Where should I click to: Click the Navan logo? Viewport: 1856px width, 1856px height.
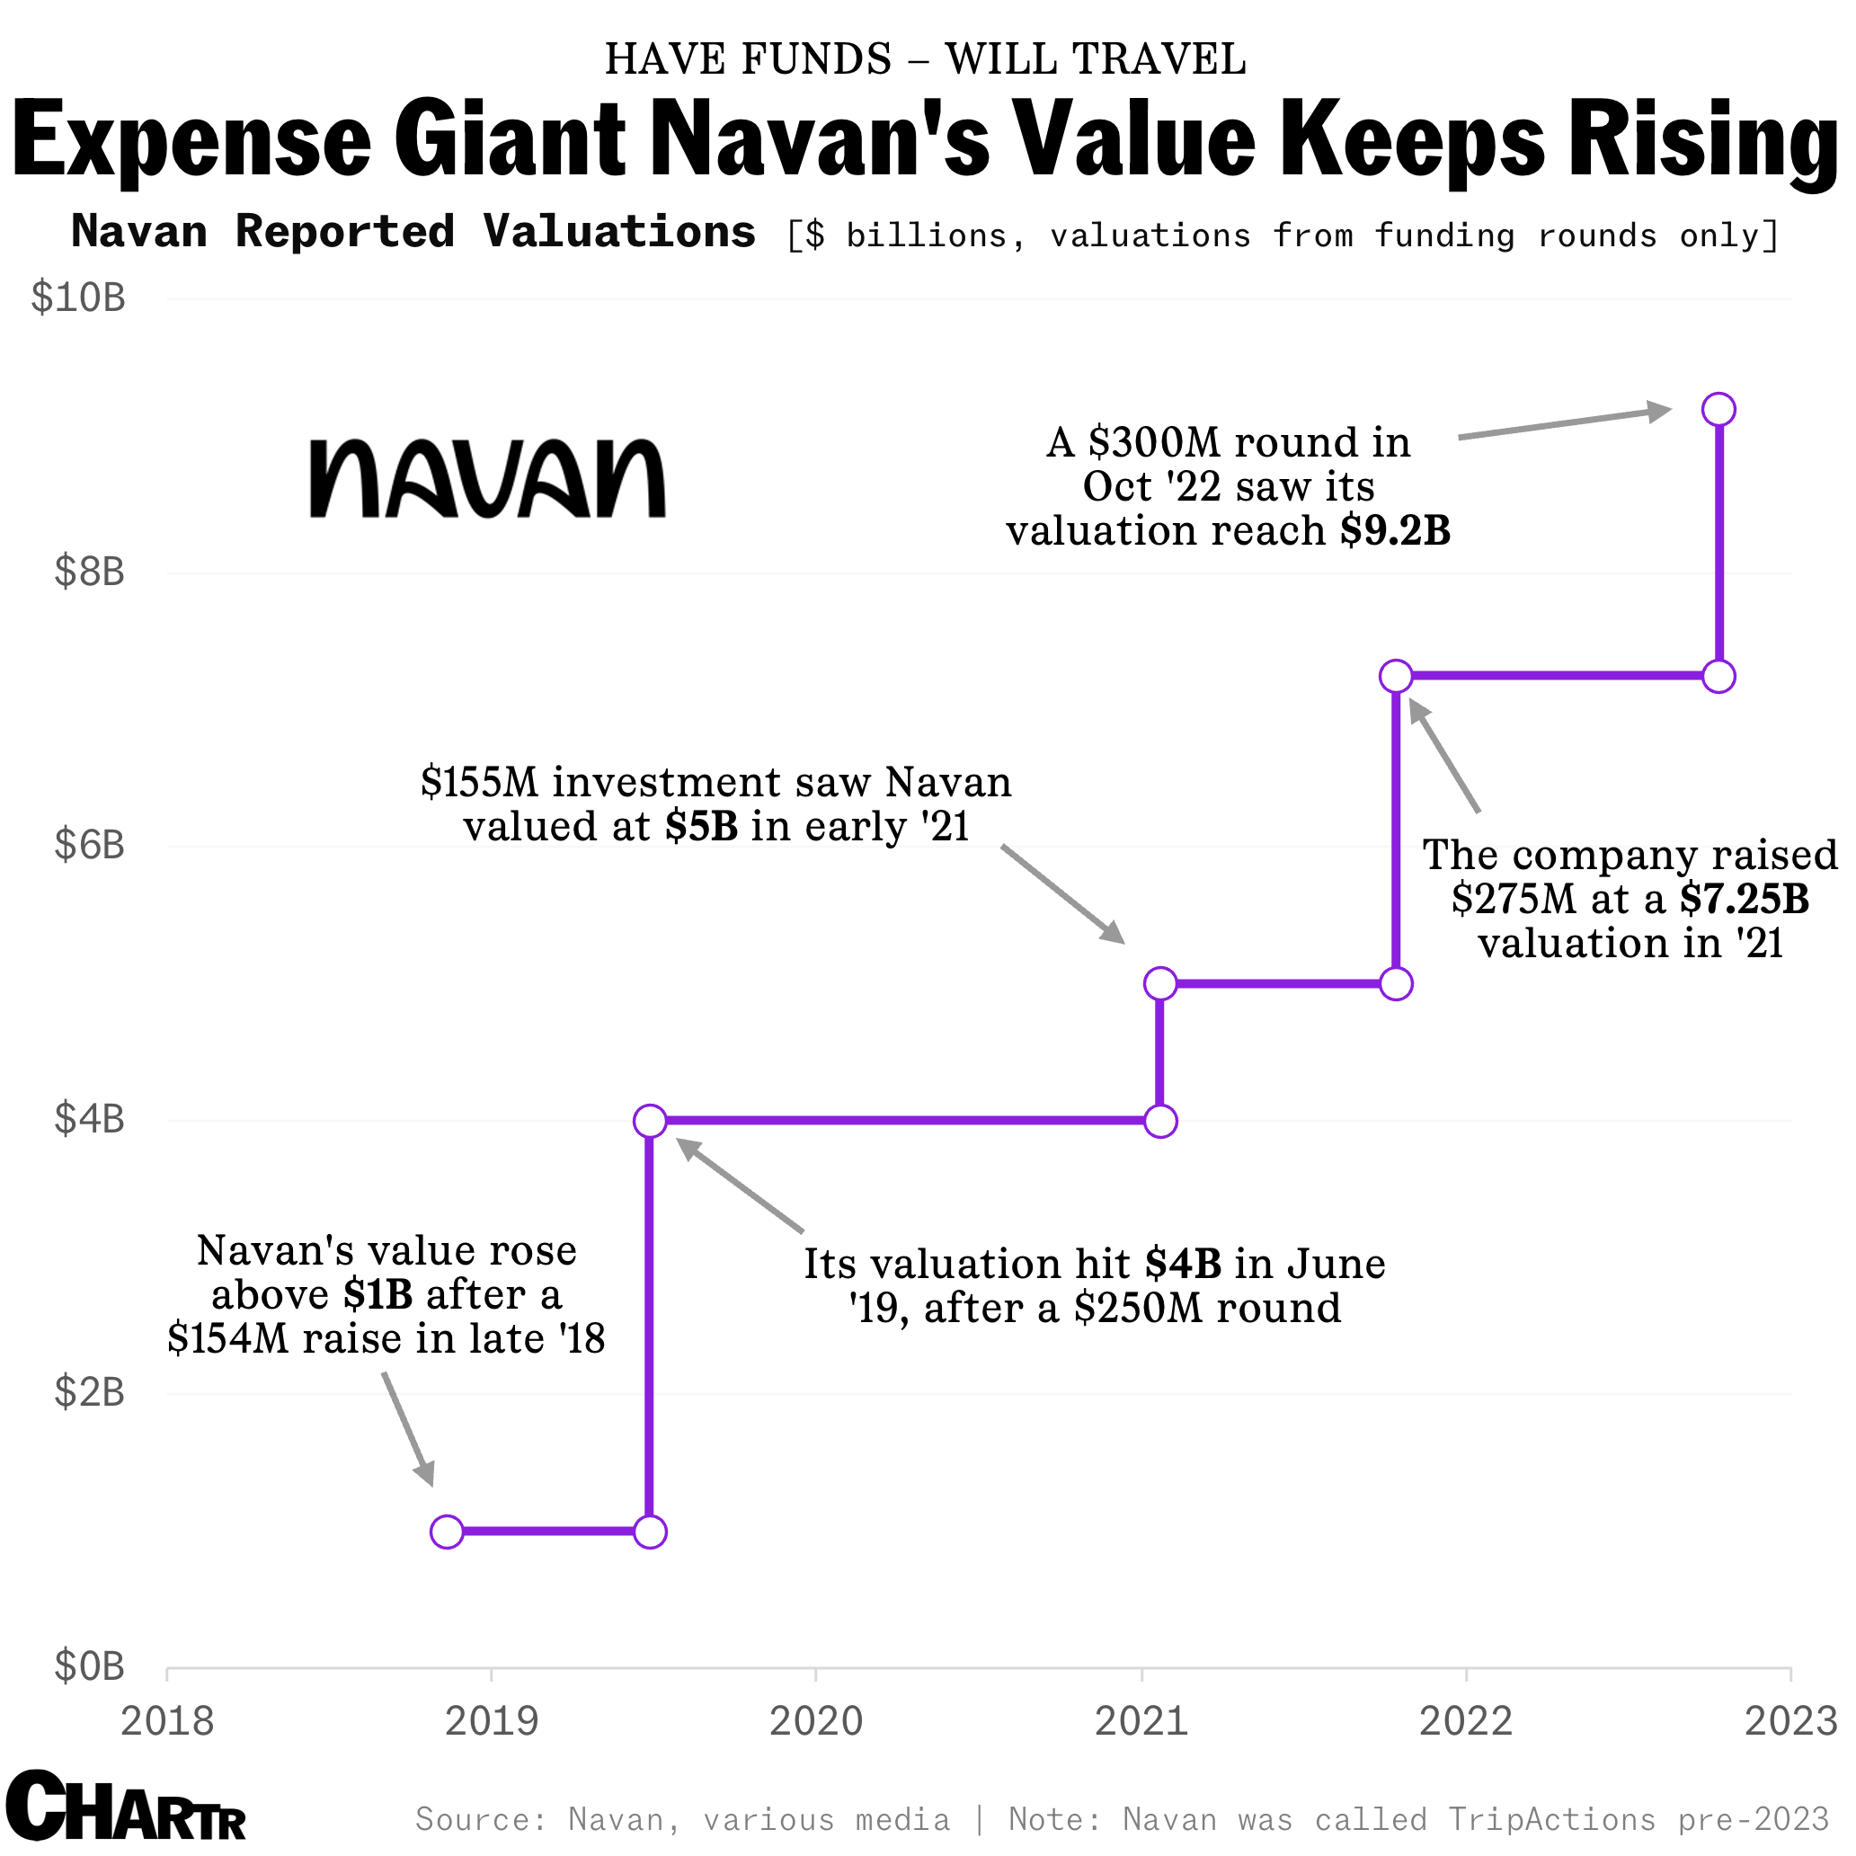[487, 478]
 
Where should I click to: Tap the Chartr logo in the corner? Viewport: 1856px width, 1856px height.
[126, 1807]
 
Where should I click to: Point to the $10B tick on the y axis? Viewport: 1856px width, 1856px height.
[79, 297]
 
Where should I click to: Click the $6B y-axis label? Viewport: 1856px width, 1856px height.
[89, 846]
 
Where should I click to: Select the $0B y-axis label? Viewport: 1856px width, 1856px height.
[89, 1665]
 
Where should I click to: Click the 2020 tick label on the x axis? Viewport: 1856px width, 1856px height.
[815, 1720]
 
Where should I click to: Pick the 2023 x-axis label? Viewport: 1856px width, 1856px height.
[1789, 1720]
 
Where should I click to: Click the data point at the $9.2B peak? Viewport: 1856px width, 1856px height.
[1718, 409]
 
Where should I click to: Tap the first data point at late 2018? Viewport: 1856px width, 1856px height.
[447, 1532]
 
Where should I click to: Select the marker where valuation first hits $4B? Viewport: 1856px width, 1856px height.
[651, 1120]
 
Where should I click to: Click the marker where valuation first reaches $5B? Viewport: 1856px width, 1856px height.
[1160, 982]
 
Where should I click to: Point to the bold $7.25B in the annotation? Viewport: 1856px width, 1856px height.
[1744, 899]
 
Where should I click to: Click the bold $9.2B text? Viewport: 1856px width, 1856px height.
[1395, 531]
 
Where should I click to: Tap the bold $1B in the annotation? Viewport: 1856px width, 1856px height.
[378, 1295]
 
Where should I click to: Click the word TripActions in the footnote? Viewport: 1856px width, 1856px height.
[1551, 1818]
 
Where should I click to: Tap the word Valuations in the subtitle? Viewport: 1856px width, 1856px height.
[618, 233]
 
